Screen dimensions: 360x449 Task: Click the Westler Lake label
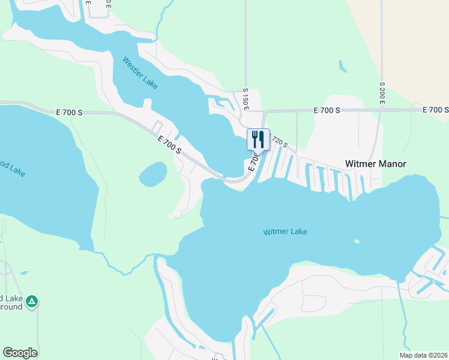[140, 73]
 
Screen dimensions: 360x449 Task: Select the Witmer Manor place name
[375, 164]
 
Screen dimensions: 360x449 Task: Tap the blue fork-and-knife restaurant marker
[258, 140]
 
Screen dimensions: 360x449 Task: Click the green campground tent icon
[32, 301]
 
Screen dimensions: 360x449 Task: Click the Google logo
[20, 353]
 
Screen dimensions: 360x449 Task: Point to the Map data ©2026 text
[423, 355]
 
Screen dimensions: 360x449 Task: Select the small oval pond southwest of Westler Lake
[153, 175]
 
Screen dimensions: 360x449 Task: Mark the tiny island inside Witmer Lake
[357, 242]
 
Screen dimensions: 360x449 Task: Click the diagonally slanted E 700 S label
[169, 145]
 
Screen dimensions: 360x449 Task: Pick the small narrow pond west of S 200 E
[342, 65]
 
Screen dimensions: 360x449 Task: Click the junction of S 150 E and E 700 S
[246, 111]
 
